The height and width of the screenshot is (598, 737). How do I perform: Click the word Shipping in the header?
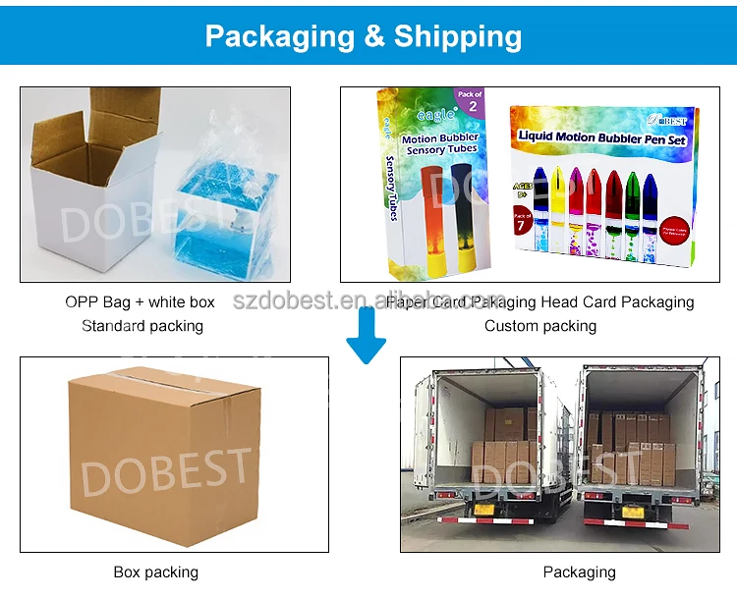[x=458, y=36]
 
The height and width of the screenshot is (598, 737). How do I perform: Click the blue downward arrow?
[x=367, y=336]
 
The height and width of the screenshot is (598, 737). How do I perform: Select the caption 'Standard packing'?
[x=142, y=325]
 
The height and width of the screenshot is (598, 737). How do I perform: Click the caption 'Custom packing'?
[x=540, y=325]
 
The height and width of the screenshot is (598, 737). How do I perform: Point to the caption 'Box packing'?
[x=157, y=572]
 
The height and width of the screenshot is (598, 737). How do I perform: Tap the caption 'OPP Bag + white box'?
[x=140, y=301]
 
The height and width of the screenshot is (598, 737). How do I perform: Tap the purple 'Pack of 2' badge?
[x=472, y=101]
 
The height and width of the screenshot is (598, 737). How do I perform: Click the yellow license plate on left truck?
[x=482, y=510]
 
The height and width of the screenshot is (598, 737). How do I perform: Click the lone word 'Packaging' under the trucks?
[x=579, y=572]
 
